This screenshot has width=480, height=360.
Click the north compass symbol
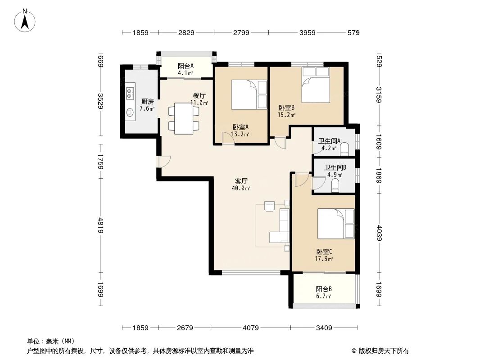(26, 21)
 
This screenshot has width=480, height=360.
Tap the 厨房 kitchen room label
(147, 101)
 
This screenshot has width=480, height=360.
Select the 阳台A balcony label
(186, 65)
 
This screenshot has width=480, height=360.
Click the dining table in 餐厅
(183, 118)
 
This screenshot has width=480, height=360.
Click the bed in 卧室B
(315, 85)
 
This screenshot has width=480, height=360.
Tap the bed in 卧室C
(336, 224)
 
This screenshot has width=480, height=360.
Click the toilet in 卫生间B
(335, 185)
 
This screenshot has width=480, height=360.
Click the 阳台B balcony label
(324, 289)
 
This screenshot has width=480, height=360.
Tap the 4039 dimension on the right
(379, 233)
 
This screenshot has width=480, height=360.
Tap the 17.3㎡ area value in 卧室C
(324, 259)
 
